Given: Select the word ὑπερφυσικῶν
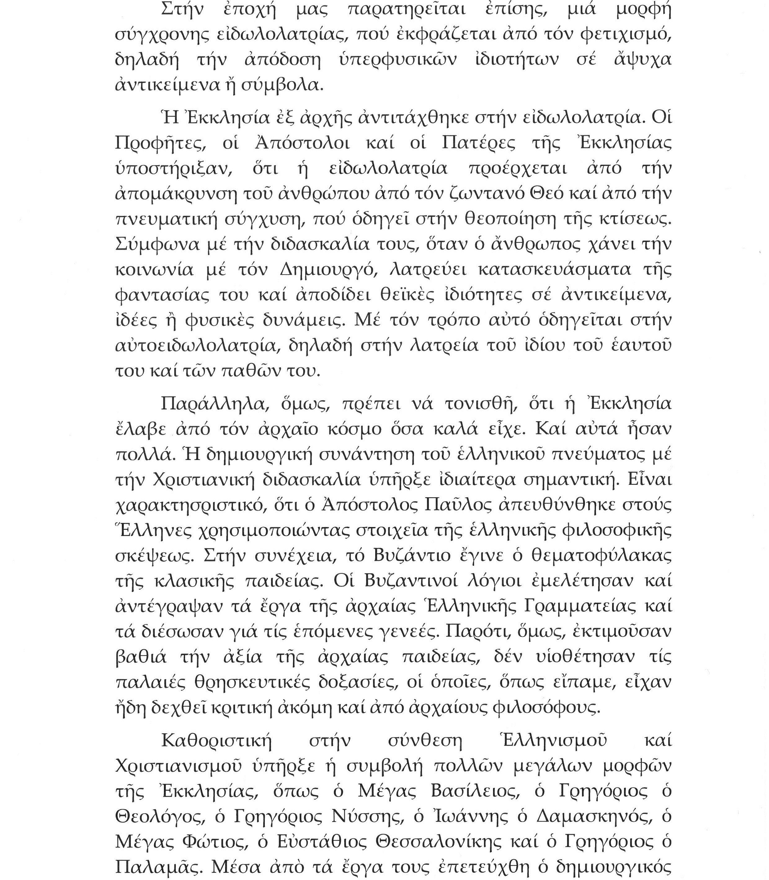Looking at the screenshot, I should [393, 59].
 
